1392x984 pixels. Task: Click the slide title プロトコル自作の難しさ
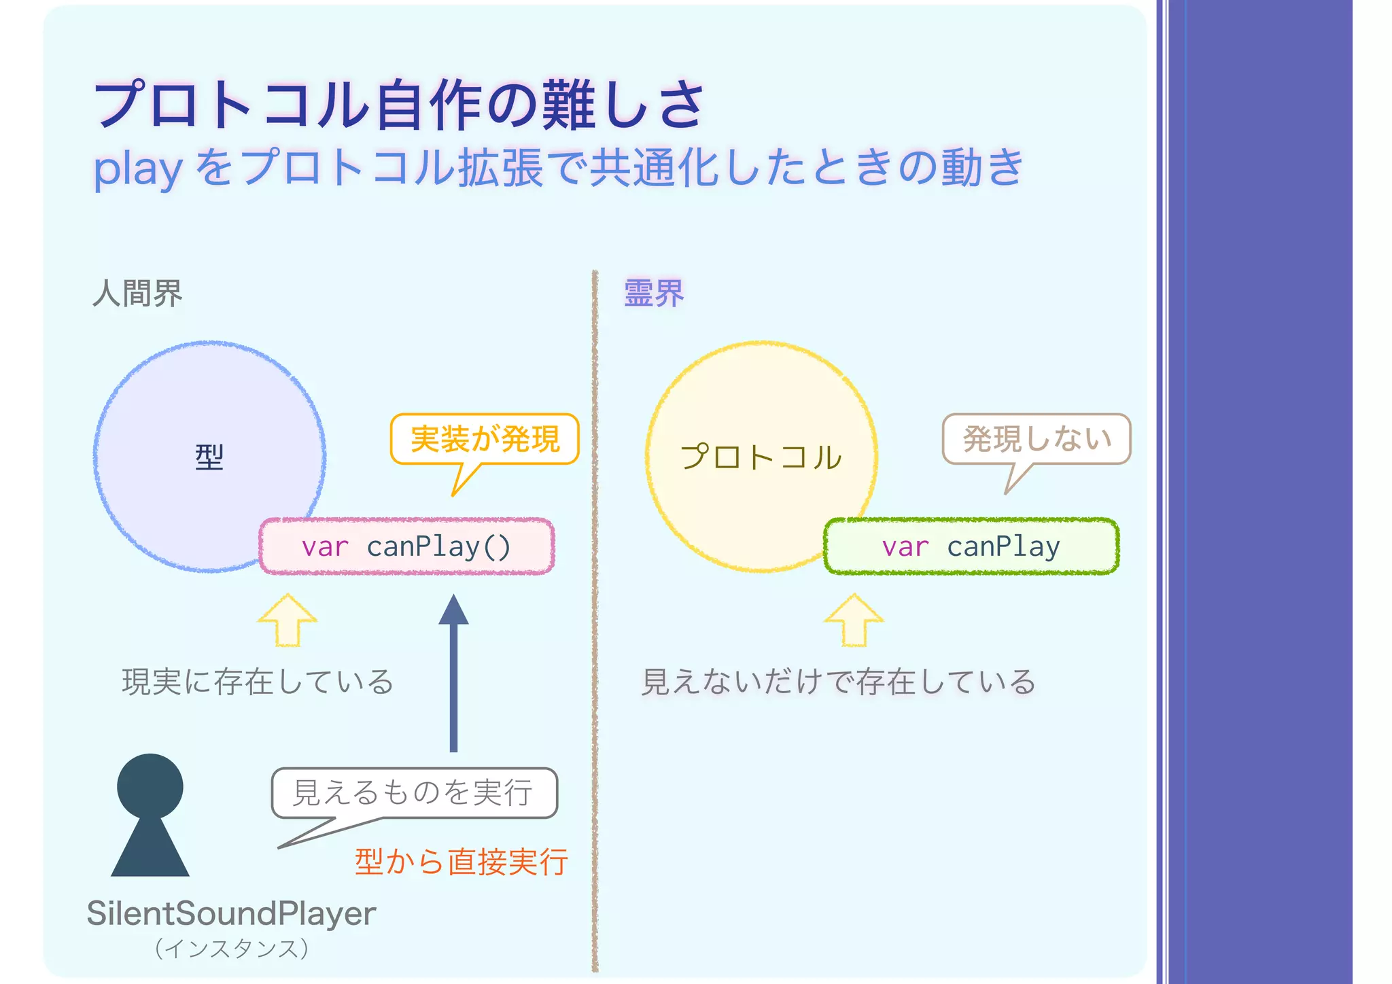coord(400,105)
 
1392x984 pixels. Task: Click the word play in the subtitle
coord(138,169)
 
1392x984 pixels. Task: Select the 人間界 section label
coord(137,294)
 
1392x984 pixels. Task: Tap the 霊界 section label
coord(654,294)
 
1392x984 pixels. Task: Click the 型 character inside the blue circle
coord(209,457)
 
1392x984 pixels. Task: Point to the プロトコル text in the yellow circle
coord(761,457)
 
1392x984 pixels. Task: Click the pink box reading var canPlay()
coord(406,546)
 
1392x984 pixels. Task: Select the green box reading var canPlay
coord(971,546)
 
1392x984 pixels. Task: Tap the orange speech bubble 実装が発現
coord(485,439)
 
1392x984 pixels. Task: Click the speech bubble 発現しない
coord(1037,439)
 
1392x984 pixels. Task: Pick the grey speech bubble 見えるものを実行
coord(413,792)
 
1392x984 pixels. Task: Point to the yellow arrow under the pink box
coord(288,620)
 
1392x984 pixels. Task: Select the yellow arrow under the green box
coord(854,620)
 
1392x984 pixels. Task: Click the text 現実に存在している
coord(258,682)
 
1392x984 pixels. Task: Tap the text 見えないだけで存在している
coord(838,682)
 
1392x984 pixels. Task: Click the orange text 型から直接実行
coord(461,862)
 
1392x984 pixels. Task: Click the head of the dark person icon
coord(150,786)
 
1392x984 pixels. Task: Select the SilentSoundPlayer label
coord(231,913)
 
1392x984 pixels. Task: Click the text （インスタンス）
coord(232,948)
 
